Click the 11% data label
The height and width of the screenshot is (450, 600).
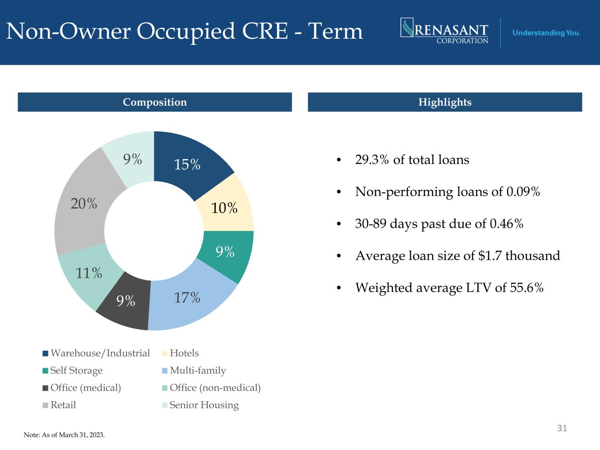(89, 273)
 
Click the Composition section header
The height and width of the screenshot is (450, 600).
(155, 102)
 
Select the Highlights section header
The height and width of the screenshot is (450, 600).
(445, 102)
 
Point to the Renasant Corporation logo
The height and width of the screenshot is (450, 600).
(444, 31)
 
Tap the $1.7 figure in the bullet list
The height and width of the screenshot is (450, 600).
(490, 256)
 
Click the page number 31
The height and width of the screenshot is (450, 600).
(562, 428)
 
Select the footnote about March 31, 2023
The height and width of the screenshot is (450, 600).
(64, 435)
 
